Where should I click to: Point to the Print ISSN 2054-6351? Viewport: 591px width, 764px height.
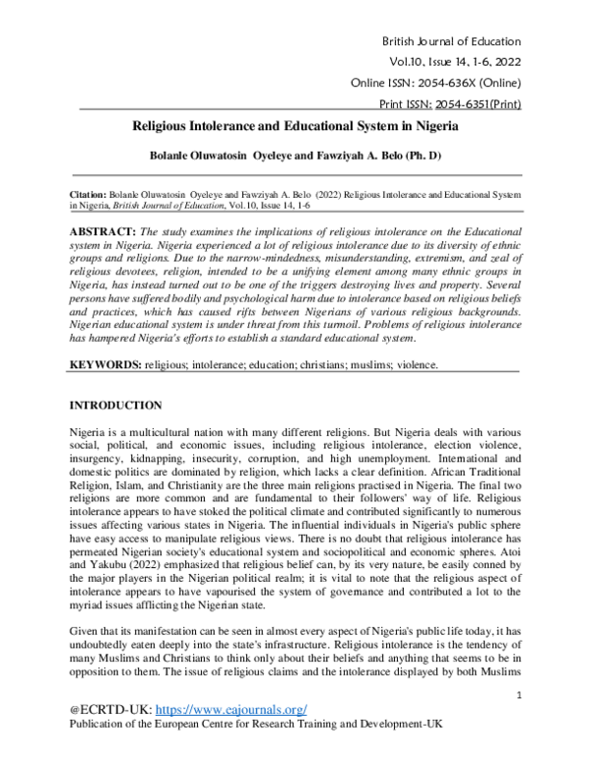point(480,104)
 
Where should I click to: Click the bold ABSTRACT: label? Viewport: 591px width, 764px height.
point(104,230)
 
